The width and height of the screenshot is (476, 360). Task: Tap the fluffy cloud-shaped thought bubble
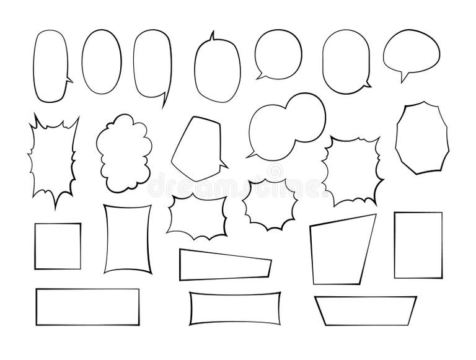125,152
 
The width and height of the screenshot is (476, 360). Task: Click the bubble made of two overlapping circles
285,126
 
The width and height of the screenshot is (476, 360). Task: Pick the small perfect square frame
58,246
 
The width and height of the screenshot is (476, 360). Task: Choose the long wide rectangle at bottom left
87,305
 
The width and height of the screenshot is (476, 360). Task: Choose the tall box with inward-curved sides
128,239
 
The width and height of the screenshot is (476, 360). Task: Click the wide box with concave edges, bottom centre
232,308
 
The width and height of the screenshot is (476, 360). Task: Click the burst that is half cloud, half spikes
349,169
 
